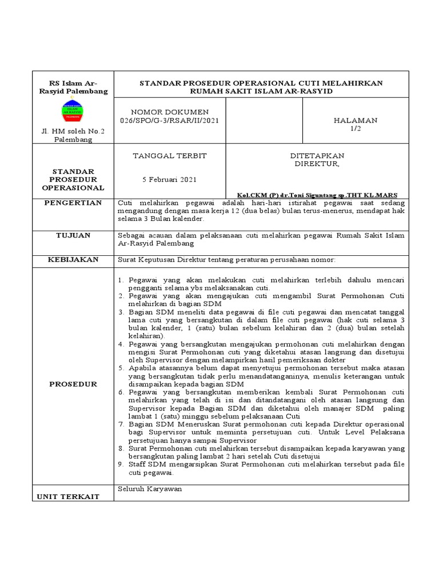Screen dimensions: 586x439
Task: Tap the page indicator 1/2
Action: coord(356,129)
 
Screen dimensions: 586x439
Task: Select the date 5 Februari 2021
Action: coord(169,179)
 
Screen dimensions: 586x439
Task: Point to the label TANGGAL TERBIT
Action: coord(170,156)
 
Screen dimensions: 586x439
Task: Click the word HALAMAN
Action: coord(356,120)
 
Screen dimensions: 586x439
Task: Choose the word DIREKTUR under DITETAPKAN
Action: coord(316,164)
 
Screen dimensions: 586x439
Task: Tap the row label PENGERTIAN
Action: coord(74,203)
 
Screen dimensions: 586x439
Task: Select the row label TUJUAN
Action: coord(74,235)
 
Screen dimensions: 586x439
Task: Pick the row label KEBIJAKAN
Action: coord(74,259)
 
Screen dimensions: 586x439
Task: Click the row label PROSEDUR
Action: coord(73,384)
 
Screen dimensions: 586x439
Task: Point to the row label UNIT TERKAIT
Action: coord(69,496)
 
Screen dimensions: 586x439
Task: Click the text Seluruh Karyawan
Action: coord(149,489)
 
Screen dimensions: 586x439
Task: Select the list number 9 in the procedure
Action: coord(121,464)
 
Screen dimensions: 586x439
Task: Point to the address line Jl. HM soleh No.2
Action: coord(73,132)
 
